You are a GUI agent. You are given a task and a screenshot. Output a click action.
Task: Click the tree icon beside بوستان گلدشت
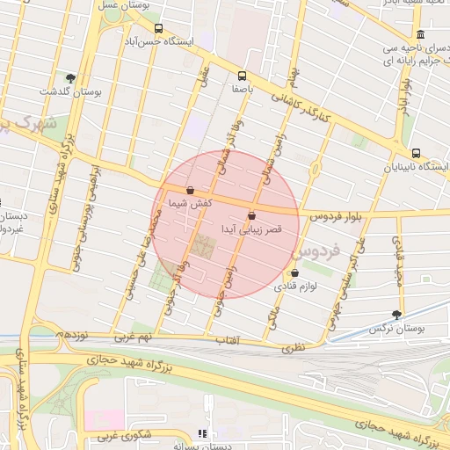tap(70, 78)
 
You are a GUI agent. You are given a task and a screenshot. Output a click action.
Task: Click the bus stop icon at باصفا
tap(243, 76)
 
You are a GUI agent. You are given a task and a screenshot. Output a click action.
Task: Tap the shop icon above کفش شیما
tap(190, 190)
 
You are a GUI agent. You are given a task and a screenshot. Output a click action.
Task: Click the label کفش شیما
tap(190, 203)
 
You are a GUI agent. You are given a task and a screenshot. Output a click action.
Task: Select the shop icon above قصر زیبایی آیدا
tap(252, 215)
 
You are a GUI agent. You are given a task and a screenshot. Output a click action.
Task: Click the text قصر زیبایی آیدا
tap(252, 229)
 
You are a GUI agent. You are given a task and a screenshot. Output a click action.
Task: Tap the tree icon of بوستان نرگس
tap(398, 314)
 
